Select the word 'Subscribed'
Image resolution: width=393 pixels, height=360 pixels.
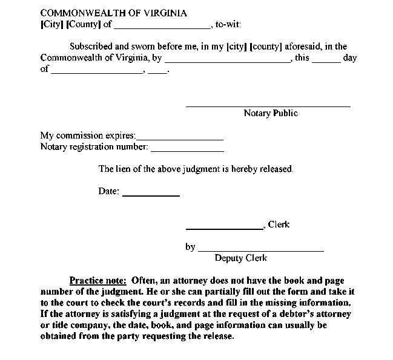(91, 46)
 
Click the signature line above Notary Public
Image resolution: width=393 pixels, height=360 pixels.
(268, 106)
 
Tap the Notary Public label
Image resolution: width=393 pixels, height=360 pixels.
(271, 113)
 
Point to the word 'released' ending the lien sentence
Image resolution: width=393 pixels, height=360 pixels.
(276, 169)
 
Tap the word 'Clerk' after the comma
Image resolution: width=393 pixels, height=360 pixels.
(279, 224)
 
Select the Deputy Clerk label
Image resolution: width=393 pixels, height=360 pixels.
(240, 258)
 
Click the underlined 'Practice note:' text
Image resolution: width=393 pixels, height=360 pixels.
(97, 280)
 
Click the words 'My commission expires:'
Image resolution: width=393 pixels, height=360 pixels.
(88, 136)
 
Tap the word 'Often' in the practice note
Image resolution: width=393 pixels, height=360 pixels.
(144, 280)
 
